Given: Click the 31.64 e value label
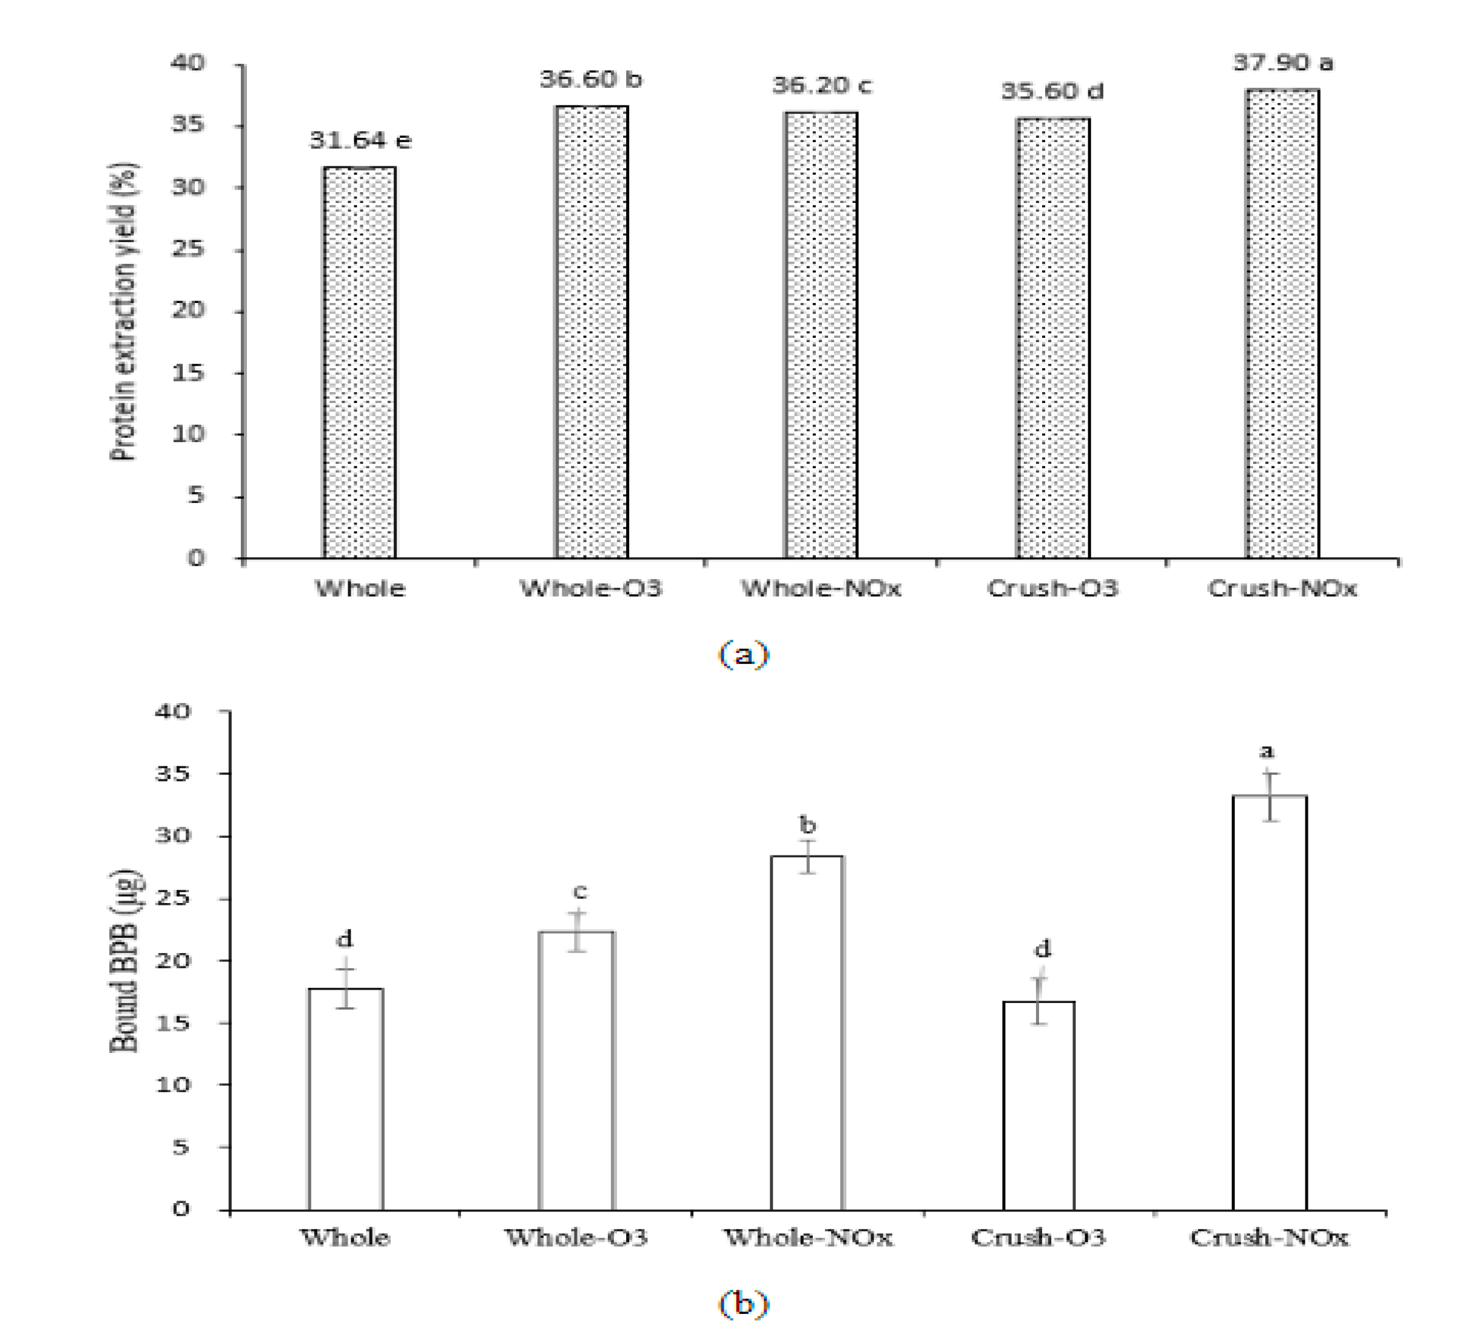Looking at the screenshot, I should tap(360, 140).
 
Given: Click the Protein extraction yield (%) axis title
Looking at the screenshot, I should tap(124, 312).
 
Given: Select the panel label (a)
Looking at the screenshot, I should tap(743, 654).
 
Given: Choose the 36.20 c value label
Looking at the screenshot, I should tap(821, 86).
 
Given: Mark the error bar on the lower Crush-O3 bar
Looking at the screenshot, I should tap(1039, 1001).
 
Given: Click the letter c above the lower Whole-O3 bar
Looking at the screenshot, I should tap(579, 891).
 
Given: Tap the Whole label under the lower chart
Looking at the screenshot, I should tap(346, 1237).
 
